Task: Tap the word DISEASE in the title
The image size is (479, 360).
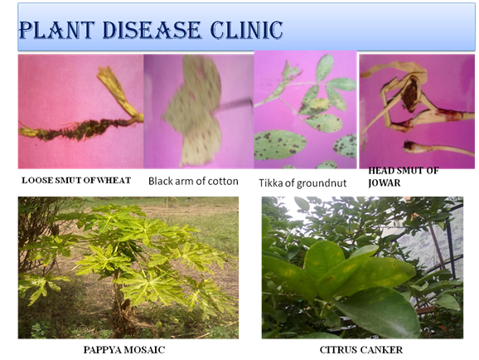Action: click(152, 31)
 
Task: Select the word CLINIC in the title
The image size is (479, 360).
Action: click(246, 31)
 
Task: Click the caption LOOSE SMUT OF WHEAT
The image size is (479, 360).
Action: click(76, 180)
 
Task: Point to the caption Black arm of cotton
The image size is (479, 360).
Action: click(193, 181)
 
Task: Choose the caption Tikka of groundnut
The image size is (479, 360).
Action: click(302, 183)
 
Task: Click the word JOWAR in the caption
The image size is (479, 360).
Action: click(384, 183)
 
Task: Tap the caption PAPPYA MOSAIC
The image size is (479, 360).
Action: click(124, 349)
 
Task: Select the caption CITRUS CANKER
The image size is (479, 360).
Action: click(361, 349)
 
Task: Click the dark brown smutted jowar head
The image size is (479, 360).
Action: click(410, 93)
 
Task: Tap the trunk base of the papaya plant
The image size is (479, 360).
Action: click(122, 318)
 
